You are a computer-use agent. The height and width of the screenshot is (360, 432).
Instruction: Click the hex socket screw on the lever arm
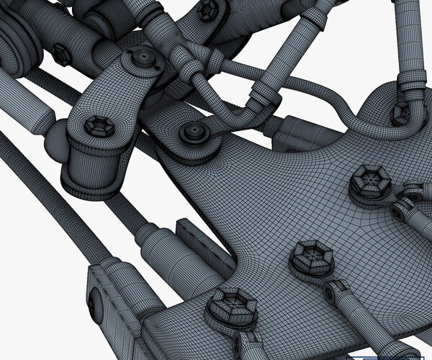(x=99, y=127)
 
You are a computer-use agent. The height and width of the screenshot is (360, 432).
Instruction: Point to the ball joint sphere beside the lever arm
(x=57, y=145)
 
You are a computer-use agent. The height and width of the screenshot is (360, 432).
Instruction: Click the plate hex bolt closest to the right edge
(x=372, y=184)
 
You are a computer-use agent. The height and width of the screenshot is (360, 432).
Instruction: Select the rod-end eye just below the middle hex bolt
(x=339, y=291)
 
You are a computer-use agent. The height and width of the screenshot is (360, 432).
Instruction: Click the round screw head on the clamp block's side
(x=92, y=305)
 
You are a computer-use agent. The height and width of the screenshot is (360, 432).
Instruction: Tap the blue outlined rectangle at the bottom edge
(x=392, y=357)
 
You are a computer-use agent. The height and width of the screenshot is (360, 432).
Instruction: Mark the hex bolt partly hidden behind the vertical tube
(x=399, y=114)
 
